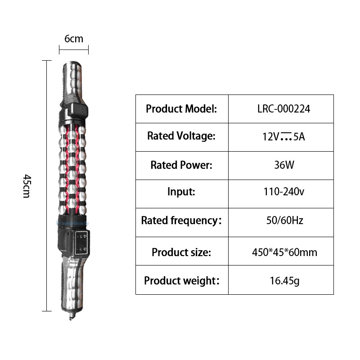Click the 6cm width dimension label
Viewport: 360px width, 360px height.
74,39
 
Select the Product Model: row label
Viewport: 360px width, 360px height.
181,108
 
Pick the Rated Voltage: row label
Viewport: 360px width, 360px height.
181,136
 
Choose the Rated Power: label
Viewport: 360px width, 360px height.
181,165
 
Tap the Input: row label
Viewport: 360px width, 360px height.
181,192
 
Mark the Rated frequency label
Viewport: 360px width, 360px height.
181,220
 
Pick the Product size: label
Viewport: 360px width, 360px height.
181,252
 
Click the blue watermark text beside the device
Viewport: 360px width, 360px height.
73,223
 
